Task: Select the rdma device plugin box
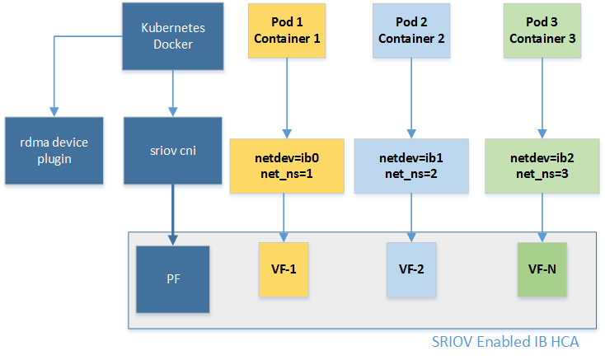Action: (54, 150)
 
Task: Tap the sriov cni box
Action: (173, 150)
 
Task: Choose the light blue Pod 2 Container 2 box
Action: (410, 30)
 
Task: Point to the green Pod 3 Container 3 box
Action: (540, 30)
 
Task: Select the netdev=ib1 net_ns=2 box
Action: (410, 165)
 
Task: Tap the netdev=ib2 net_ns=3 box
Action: (540, 165)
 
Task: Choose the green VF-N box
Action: (542, 270)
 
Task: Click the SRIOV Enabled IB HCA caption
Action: (505, 341)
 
